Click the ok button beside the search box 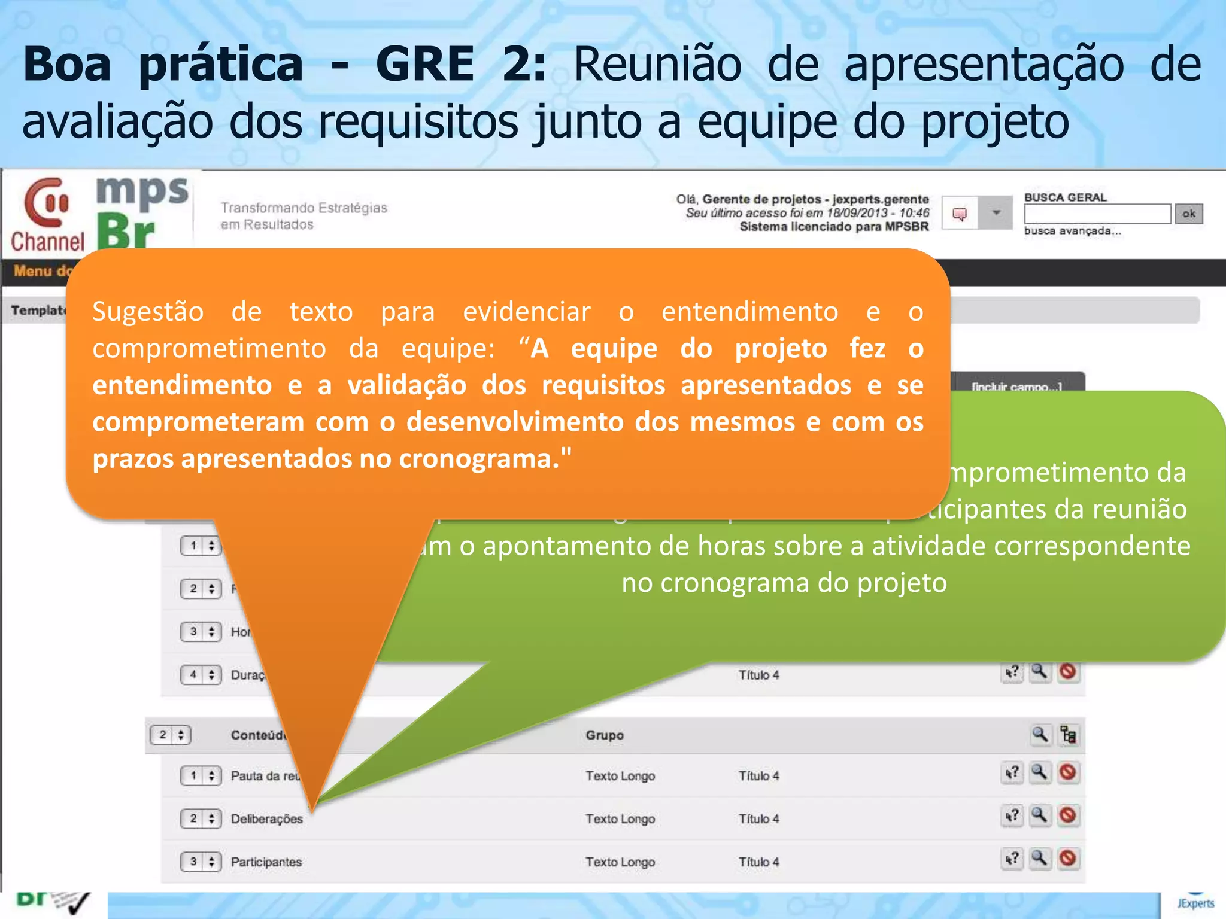[1188, 214]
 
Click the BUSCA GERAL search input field [1097, 214]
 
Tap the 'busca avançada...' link [1072, 231]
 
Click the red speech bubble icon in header [960, 214]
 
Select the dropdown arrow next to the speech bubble [996, 213]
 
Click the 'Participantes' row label [266, 862]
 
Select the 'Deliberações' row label [267, 818]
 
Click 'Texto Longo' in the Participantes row [620, 862]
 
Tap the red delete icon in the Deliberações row [1068, 815]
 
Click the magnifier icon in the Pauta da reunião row [1040, 772]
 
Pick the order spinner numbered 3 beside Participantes [201, 862]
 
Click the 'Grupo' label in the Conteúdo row [605, 735]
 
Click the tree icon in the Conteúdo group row [1068, 734]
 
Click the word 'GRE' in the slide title [425, 64]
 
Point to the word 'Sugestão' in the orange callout [148, 312]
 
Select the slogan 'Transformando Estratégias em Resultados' [304, 215]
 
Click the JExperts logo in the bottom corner [1195, 903]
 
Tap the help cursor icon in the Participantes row [1012, 859]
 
